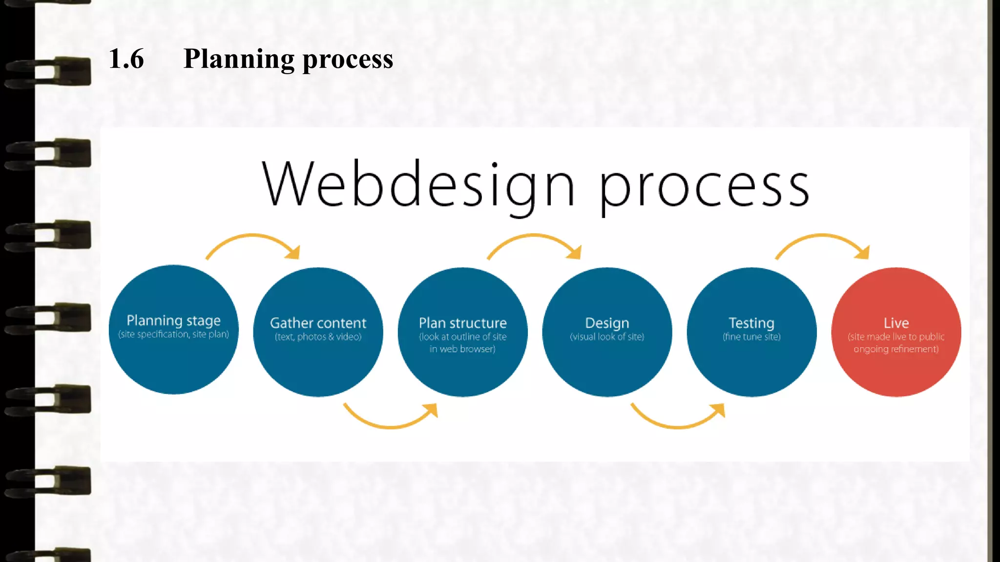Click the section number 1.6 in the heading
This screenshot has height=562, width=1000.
[x=126, y=59]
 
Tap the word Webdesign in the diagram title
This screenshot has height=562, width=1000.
[x=418, y=184]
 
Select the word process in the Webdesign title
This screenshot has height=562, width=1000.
[x=704, y=187]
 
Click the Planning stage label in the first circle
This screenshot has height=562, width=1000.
[x=173, y=320]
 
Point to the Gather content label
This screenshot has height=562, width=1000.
[x=318, y=323]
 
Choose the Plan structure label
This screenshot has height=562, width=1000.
[x=462, y=323]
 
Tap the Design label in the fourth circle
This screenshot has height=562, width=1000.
[x=607, y=323]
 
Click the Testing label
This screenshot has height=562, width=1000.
[x=751, y=323]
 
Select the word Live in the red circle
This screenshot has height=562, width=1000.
[x=896, y=323]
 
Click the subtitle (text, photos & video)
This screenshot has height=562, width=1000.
[x=318, y=337]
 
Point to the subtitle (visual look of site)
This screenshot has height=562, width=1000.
[x=607, y=337]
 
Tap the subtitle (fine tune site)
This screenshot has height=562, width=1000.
[x=751, y=337]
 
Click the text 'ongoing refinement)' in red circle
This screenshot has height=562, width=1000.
[x=896, y=349]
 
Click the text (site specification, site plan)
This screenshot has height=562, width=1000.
[x=173, y=334]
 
